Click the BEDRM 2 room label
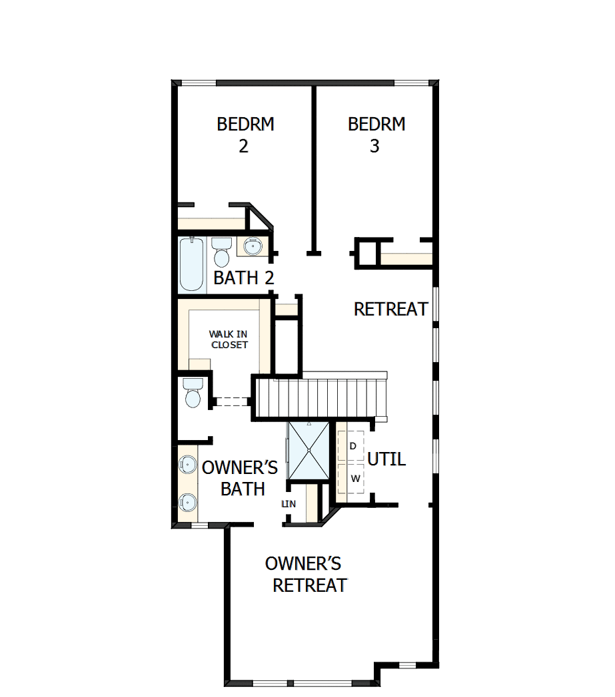tap(245, 135)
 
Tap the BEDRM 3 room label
tap(376, 135)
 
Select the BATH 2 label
tap(244, 278)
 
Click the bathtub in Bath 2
tap(192, 264)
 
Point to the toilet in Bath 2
tap(221, 251)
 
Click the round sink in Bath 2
tap(253, 246)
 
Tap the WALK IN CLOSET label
tap(229, 339)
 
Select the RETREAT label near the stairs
tap(390, 309)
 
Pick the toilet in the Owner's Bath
tap(193, 393)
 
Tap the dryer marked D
tap(352, 445)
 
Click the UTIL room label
tap(386, 459)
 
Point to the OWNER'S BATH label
tap(239, 478)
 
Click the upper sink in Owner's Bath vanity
tap(187, 463)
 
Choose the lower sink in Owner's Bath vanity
tap(187, 501)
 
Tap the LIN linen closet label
tap(289, 504)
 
